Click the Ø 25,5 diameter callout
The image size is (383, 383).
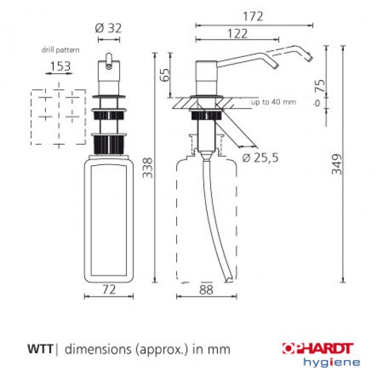click(262, 157)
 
